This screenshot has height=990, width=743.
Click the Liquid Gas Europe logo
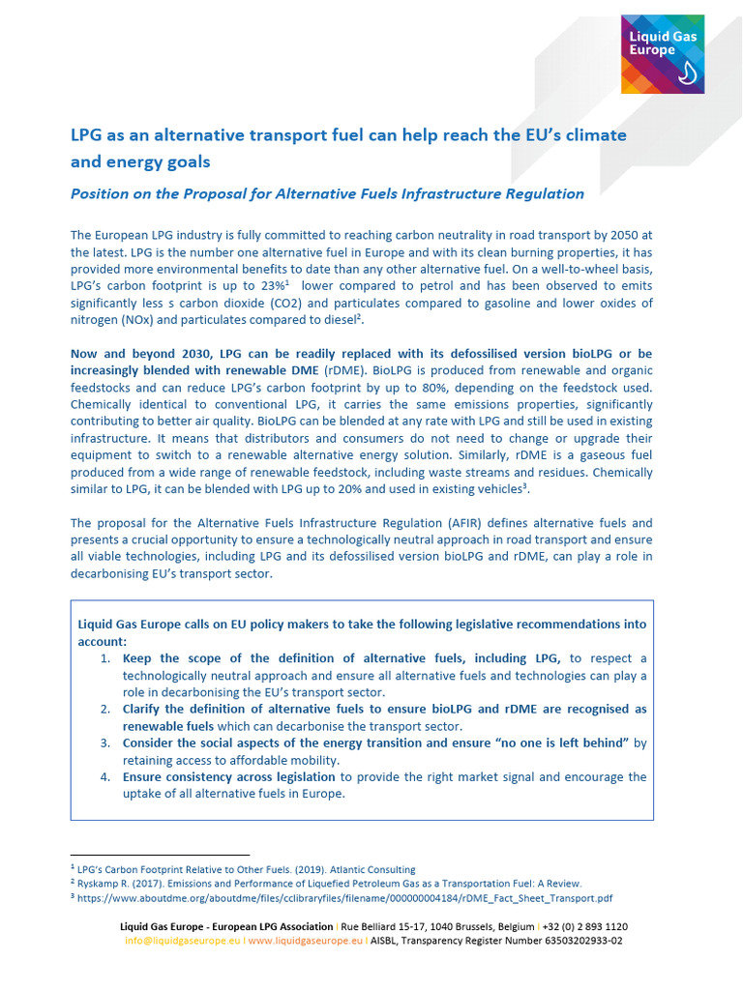click(x=662, y=54)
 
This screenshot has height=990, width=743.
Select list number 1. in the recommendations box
click(x=105, y=658)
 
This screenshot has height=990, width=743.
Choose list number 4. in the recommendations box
click(x=105, y=777)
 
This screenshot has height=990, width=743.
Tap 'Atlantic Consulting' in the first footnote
click(x=374, y=869)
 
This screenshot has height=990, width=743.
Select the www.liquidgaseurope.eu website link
click(x=306, y=940)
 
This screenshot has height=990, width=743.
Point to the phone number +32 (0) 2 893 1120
click(x=583, y=926)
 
